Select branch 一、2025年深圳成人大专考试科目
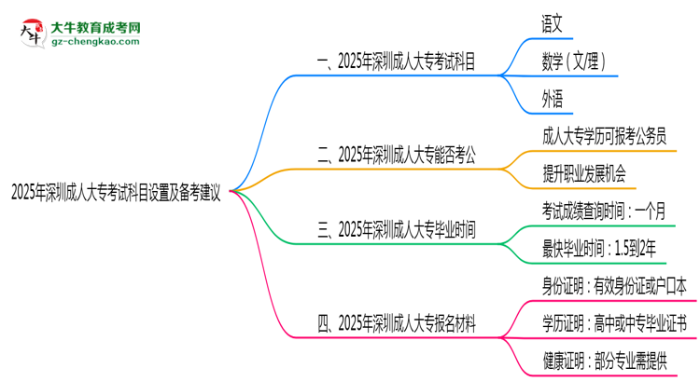coord(397,62)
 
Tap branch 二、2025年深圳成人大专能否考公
coord(397,156)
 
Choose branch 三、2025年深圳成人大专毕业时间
coord(397,230)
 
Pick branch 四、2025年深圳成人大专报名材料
coord(397,323)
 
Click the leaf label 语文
coord(552,21)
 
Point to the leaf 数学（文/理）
coord(574,61)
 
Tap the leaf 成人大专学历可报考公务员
coord(604,136)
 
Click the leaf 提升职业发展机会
coord(583,173)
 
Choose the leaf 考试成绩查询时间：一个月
coord(603,211)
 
